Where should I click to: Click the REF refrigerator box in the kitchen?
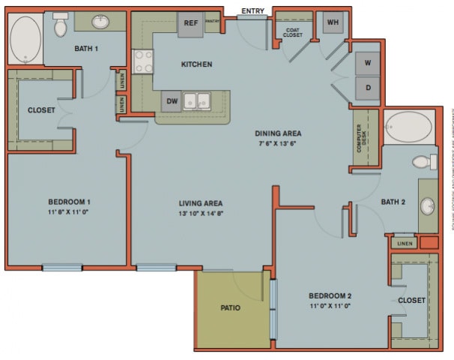(x=191, y=23)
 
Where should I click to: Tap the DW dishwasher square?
(x=172, y=100)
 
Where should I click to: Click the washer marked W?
(x=367, y=63)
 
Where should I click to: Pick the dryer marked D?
(x=367, y=87)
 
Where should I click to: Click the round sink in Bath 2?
(x=428, y=205)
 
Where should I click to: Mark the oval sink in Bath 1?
(x=100, y=22)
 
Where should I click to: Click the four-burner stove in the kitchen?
(x=143, y=61)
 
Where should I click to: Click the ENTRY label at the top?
(x=252, y=11)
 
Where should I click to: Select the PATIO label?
(x=230, y=307)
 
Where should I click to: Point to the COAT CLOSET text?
(x=292, y=31)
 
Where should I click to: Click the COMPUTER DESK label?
(x=360, y=138)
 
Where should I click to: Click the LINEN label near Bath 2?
(x=405, y=244)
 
